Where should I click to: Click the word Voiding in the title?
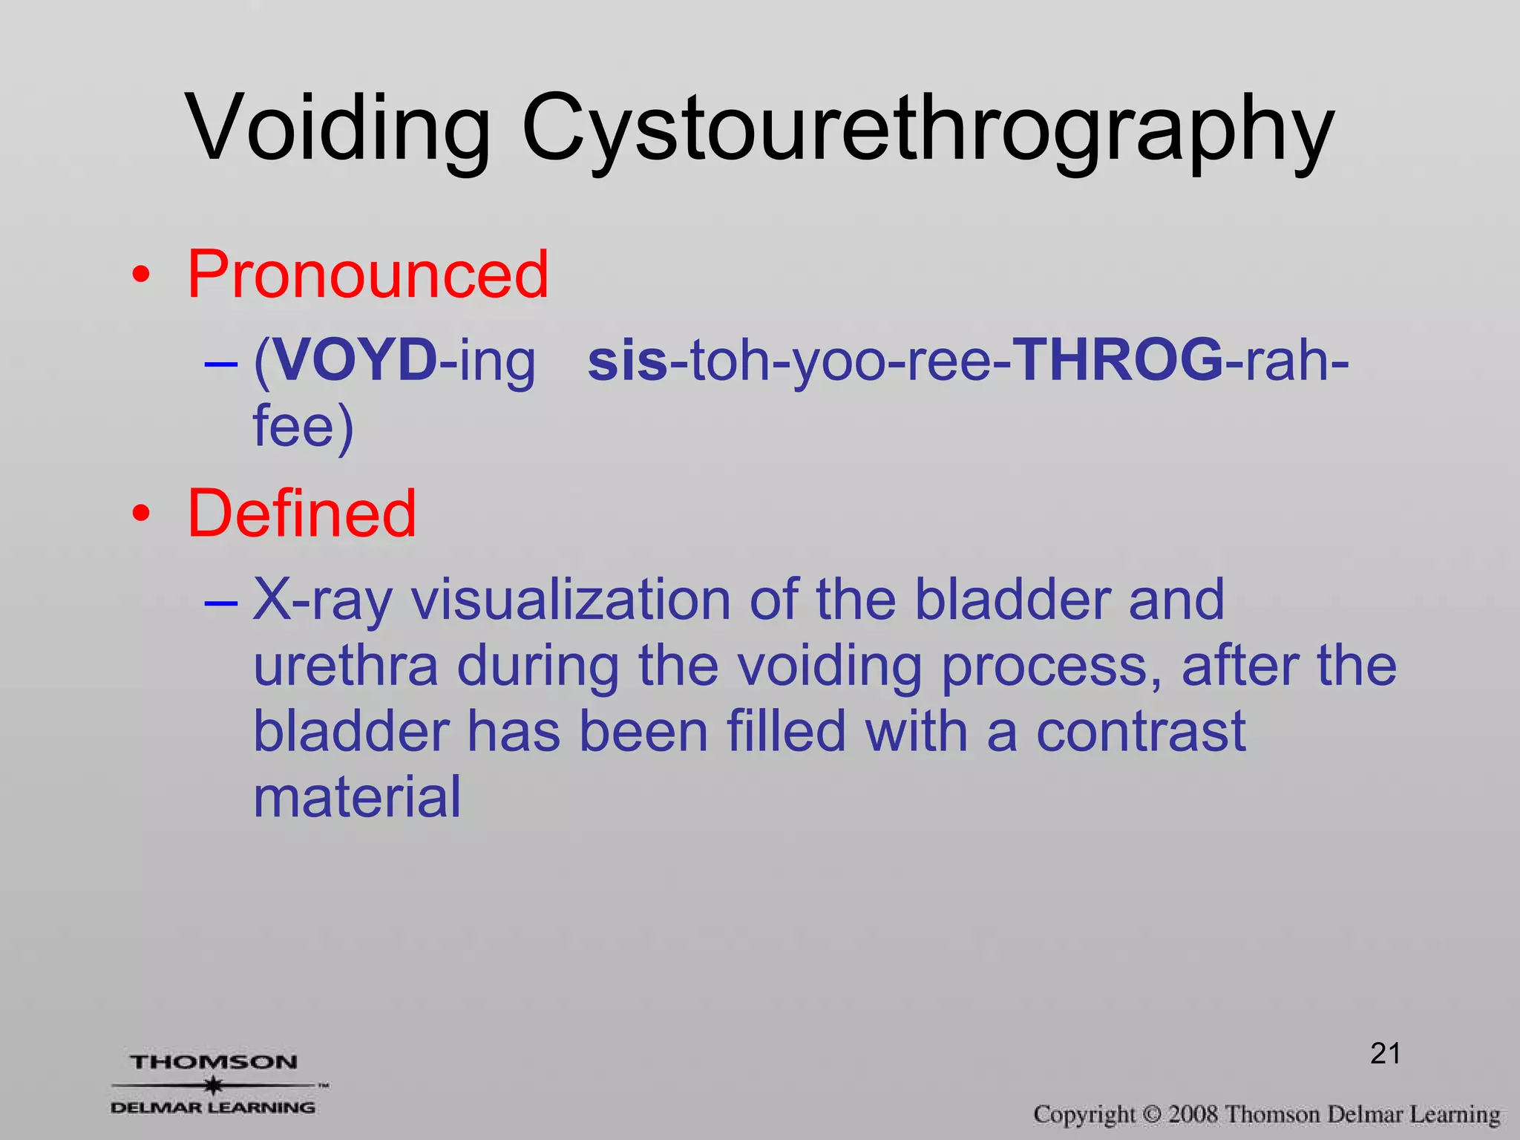pyautogui.click(x=338, y=128)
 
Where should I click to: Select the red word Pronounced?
pyautogui.click(x=367, y=275)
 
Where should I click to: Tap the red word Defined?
pyautogui.click(x=301, y=514)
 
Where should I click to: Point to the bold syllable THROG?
pyautogui.click(x=1118, y=361)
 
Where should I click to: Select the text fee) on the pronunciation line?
pyautogui.click(x=303, y=426)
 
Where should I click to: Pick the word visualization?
pyautogui.click(x=571, y=600)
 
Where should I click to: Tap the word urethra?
pyautogui.click(x=346, y=666)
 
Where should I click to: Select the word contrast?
pyautogui.click(x=1141, y=732)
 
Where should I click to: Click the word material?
pyautogui.click(x=357, y=797)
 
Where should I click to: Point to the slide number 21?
pyautogui.click(x=1385, y=1053)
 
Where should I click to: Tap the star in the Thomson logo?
pyautogui.click(x=214, y=1085)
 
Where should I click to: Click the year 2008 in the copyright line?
pyautogui.click(x=1193, y=1114)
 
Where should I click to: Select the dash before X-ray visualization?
pyautogui.click(x=220, y=603)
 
